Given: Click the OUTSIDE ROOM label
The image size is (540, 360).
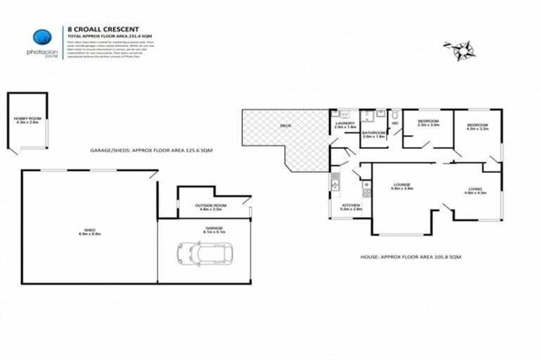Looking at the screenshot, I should [208, 207].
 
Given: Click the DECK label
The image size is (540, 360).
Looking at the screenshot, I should [285, 127].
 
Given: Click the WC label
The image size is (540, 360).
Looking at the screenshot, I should [395, 124].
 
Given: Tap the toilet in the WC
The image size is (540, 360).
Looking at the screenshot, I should [396, 114].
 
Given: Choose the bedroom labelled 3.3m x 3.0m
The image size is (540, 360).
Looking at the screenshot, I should [428, 124].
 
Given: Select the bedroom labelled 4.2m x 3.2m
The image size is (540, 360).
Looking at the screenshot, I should [477, 127].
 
